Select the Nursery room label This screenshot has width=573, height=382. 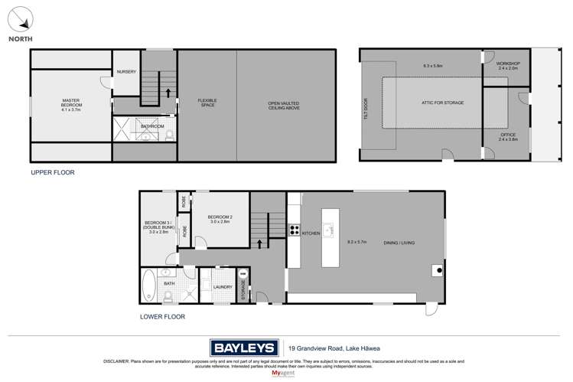126,72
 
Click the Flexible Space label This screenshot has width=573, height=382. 207,103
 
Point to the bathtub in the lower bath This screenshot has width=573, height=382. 149,287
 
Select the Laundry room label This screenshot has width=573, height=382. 223,288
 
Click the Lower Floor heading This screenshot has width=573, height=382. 161,315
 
